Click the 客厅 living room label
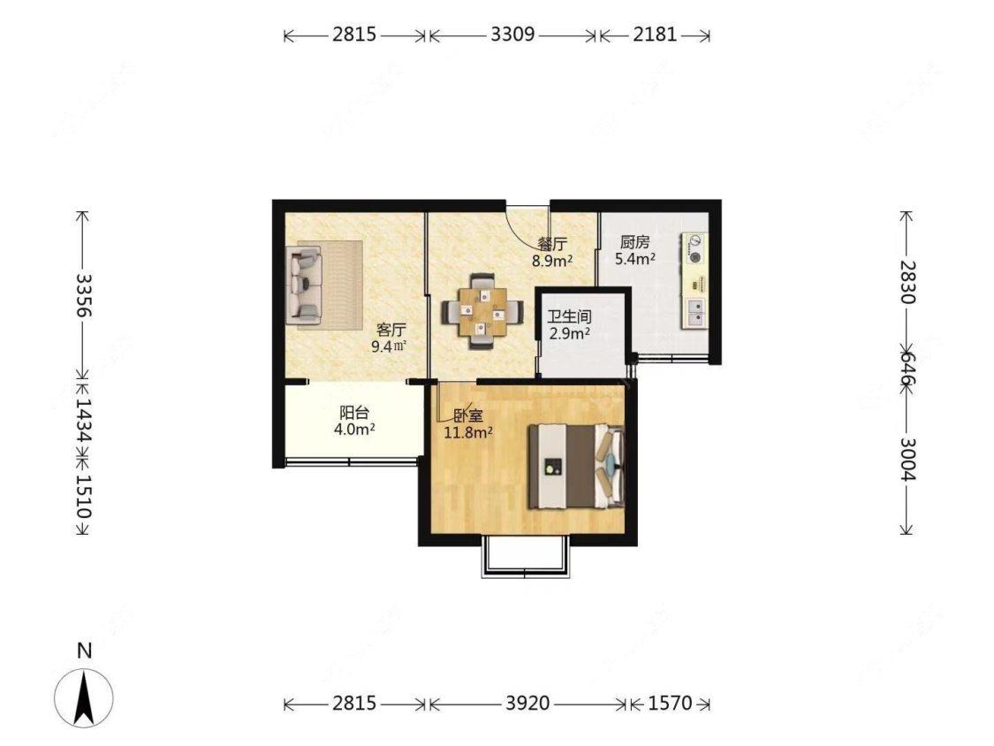pos(391,330)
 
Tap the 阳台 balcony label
pos(354,413)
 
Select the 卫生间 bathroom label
pos(569,316)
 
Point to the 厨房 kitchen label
pos(634,242)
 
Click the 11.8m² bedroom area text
pos(468,433)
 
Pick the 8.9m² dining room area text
pos(553,260)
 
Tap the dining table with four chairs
pos(483,311)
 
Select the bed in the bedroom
pos(576,467)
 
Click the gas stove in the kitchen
pos(694,248)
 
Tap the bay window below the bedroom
pos(526,559)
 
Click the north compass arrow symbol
pos(84,697)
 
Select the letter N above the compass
pos(84,651)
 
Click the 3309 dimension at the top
pos(512,34)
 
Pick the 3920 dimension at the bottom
pos(527,704)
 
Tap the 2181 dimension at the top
pos(655,34)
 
